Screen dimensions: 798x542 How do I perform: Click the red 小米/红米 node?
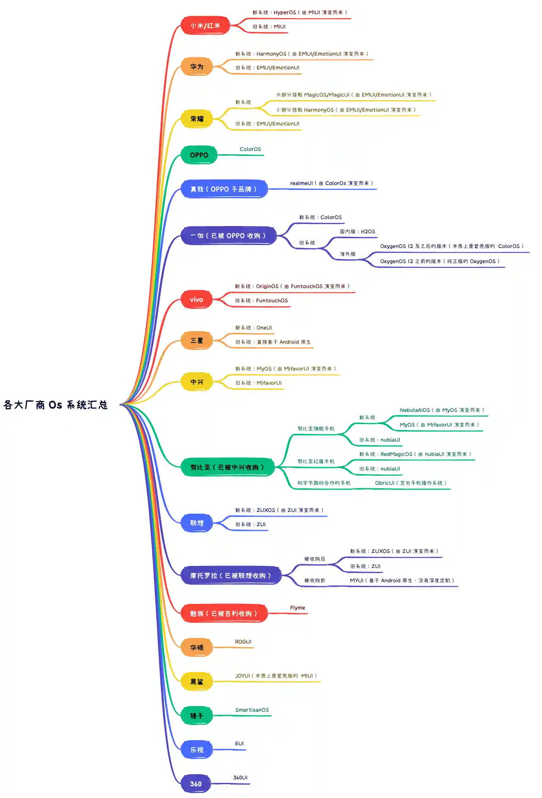click(205, 26)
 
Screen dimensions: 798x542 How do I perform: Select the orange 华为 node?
click(197, 67)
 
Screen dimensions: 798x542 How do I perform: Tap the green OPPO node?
click(199, 155)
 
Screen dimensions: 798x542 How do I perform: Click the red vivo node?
click(196, 299)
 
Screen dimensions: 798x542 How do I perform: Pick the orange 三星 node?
click(197, 340)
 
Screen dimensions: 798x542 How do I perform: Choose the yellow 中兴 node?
click(197, 382)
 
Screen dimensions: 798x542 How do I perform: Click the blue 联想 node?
click(197, 523)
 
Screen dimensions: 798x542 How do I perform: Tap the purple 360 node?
click(196, 784)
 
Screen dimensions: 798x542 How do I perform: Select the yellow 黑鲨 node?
click(197, 682)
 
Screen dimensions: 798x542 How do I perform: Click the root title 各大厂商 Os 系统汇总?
click(56, 405)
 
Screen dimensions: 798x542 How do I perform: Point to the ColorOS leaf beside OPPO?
click(250, 149)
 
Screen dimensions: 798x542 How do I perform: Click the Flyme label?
click(297, 608)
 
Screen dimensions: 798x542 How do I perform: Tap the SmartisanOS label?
click(252, 710)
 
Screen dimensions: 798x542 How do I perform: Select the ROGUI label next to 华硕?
click(243, 642)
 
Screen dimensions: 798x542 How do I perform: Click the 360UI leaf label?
click(240, 778)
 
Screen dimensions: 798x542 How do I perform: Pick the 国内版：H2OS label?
click(357, 232)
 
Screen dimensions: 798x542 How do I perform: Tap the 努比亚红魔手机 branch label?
click(316, 462)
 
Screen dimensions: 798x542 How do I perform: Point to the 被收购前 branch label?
click(315, 581)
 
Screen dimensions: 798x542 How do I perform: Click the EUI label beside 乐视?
click(239, 744)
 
